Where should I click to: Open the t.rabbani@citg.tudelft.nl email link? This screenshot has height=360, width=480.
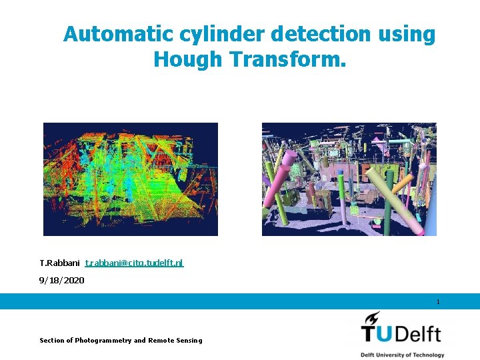click(134, 263)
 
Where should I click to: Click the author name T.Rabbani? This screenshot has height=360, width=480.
click(59, 263)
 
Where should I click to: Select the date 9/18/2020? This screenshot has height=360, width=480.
click(62, 281)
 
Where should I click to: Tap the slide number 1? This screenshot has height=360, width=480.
click(438, 302)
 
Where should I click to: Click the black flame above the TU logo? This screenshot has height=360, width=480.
click(371, 317)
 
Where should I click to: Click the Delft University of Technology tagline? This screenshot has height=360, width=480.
click(403, 355)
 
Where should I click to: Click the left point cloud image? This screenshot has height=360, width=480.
click(131, 179)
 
